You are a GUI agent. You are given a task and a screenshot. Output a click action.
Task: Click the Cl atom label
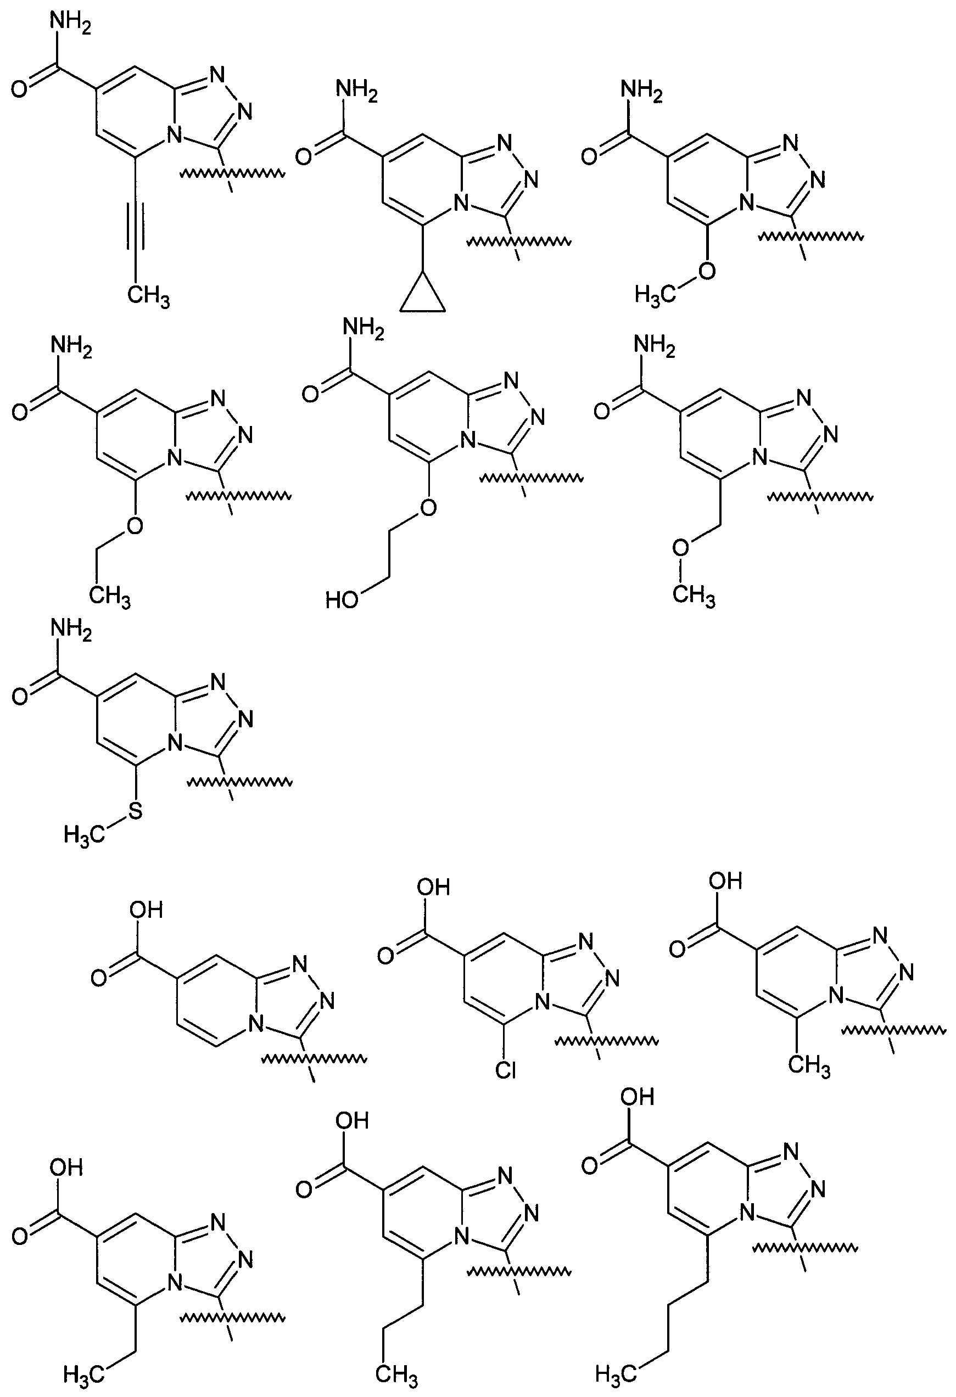506,1070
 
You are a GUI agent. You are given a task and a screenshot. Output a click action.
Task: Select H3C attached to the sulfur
83,835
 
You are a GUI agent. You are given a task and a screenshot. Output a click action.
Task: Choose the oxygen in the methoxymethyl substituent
680,548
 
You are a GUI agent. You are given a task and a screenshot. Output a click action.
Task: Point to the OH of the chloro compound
433,887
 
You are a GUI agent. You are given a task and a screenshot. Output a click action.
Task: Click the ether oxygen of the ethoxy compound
136,526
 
